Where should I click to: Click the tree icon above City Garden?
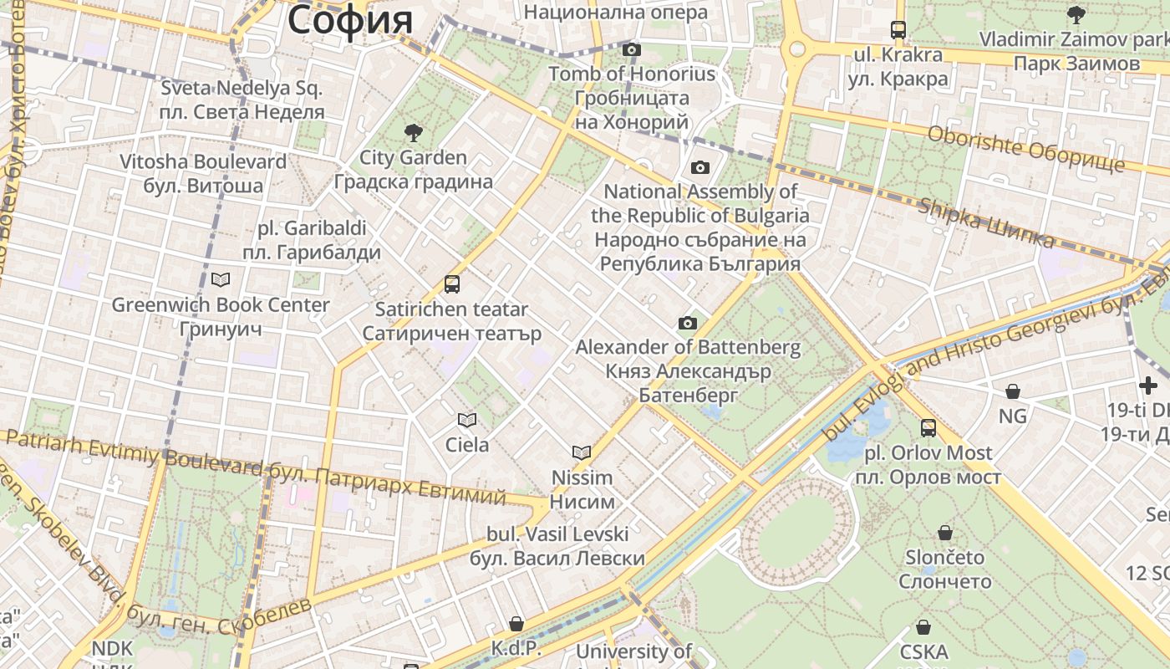click(x=412, y=132)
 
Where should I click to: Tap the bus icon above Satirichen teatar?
click(x=452, y=284)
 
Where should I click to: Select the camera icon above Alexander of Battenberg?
click(x=687, y=323)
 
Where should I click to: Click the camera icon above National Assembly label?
click(x=700, y=167)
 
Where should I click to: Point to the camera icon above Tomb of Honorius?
click(x=632, y=49)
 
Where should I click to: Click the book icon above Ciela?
click(x=466, y=420)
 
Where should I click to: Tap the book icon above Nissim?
click(x=582, y=452)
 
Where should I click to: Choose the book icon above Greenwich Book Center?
click(x=221, y=279)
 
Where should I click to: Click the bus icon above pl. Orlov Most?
click(x=928, y=428)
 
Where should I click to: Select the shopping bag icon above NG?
click(x=1013, y=391)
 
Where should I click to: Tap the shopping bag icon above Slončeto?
click(x=945, y=533)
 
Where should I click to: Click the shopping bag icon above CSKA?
click(x=923, y=626)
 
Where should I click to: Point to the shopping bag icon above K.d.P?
click(x=516, y=624)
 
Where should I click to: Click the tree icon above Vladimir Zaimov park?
click(x=1076, y=14)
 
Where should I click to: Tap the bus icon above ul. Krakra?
click(x=898, y=30)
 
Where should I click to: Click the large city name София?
click(x=350, y=20)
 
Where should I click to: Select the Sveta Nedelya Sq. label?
click(x=242, y=88)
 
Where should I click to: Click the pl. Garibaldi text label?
click(x=312, y=227)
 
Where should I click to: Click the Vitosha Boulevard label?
click(x=203, y=161)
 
